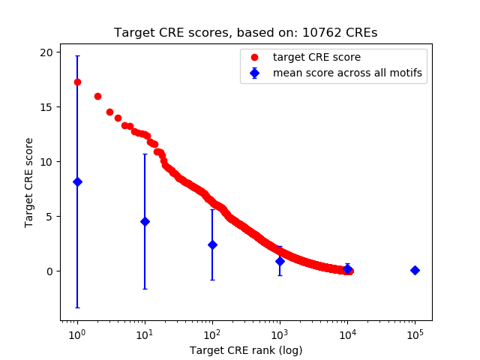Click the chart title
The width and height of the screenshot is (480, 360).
[x=245, y=33]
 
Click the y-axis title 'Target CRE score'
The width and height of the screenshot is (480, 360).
[x=29, y=182]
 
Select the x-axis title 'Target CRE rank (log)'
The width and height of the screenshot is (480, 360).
[x=245, y=349]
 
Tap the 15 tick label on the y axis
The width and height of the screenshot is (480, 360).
[x=46, y=107]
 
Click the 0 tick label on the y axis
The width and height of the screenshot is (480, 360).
[x=49, y=271]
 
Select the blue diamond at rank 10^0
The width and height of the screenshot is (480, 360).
[x=77, y=181]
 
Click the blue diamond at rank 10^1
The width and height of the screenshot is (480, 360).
[x=145, y=221]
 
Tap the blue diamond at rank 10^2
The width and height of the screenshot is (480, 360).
[x=212, y=244]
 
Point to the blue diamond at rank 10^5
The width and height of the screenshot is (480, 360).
[x=415, y=270]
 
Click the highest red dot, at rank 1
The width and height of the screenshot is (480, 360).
[x=77, y=82]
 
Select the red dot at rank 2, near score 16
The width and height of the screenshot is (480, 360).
[x=97, y=96]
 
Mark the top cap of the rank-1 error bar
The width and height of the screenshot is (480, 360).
[x=77, y=55]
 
